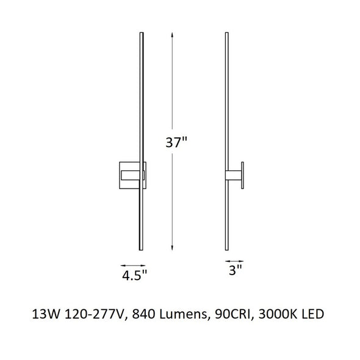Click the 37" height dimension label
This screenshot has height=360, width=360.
click(176, 143)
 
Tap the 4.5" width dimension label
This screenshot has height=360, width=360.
click(134, 276)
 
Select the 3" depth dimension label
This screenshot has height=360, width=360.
click(236, 270)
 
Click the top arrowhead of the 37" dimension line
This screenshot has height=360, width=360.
click(172, 35)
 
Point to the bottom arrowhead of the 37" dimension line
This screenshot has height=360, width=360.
click(172, 248)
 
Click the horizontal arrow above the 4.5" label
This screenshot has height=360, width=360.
click(133, 265)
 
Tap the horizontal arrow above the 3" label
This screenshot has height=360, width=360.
click(234, 261)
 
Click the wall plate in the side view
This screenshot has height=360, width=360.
click(242, 175)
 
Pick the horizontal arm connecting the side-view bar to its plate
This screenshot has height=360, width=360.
click(233, 175)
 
